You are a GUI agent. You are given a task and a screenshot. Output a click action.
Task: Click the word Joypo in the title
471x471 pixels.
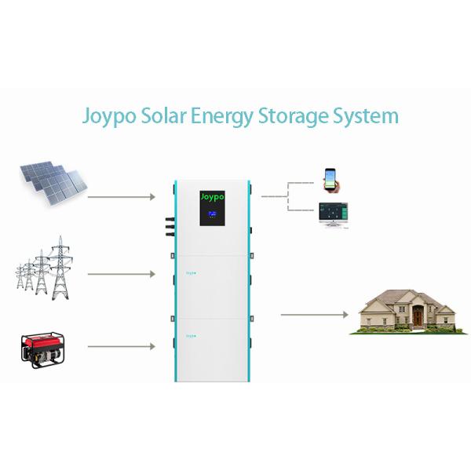111,117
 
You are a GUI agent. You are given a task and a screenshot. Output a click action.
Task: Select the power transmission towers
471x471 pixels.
44,268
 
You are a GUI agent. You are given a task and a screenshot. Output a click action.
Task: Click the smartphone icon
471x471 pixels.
330,180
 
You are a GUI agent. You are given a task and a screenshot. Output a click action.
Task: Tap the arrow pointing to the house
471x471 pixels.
314,314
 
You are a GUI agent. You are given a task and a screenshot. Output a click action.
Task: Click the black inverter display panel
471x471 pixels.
213,207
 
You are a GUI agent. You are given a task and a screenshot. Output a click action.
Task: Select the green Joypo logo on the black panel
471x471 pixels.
213,195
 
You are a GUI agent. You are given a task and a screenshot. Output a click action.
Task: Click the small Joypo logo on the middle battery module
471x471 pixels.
190,272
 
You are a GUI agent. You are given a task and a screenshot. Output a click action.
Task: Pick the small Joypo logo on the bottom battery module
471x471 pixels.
190,335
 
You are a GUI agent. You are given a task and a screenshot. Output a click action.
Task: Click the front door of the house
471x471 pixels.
418,317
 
